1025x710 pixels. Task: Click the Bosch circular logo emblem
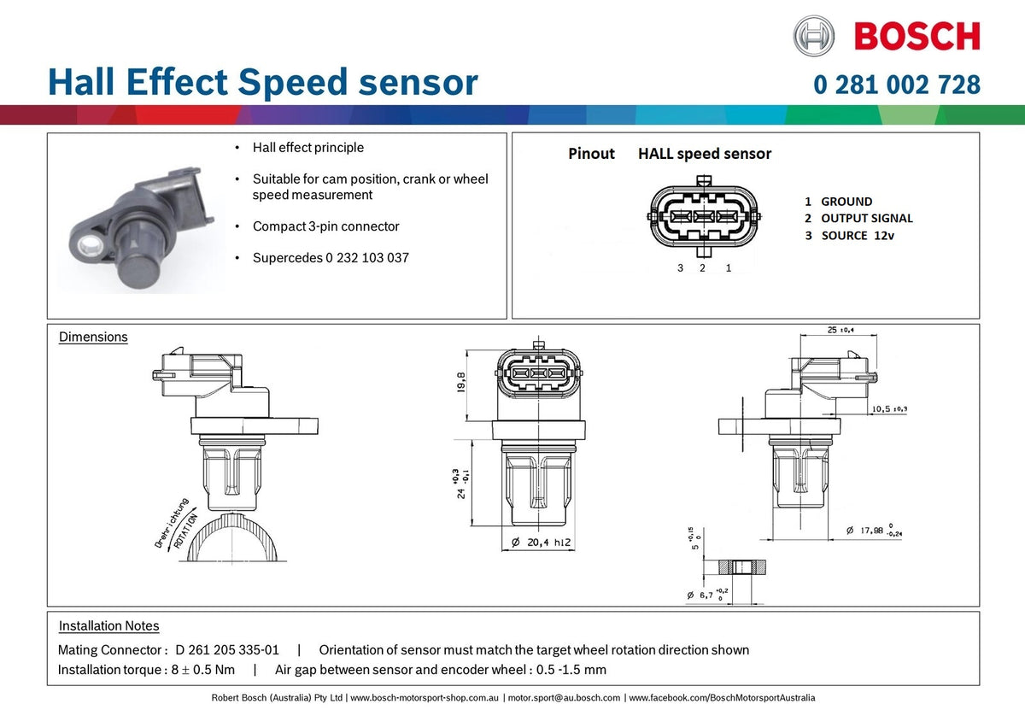coord(813,36)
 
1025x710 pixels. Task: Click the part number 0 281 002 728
coord(897,85)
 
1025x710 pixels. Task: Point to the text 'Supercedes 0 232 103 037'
coord(331,257)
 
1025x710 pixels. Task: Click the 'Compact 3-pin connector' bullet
coord(325,226)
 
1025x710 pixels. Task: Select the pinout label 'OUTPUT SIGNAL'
coord(866,219)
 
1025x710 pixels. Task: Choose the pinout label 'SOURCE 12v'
coord(857,236)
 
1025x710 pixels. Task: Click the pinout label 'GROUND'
coord(846,202)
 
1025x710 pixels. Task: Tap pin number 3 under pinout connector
coord(681,268)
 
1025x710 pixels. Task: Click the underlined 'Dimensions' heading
coord(93,337)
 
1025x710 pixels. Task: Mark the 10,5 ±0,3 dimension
coord(889,409)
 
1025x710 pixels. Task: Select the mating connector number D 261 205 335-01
coord(227,650)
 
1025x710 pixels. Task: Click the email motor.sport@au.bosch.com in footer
coord(564,698)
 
